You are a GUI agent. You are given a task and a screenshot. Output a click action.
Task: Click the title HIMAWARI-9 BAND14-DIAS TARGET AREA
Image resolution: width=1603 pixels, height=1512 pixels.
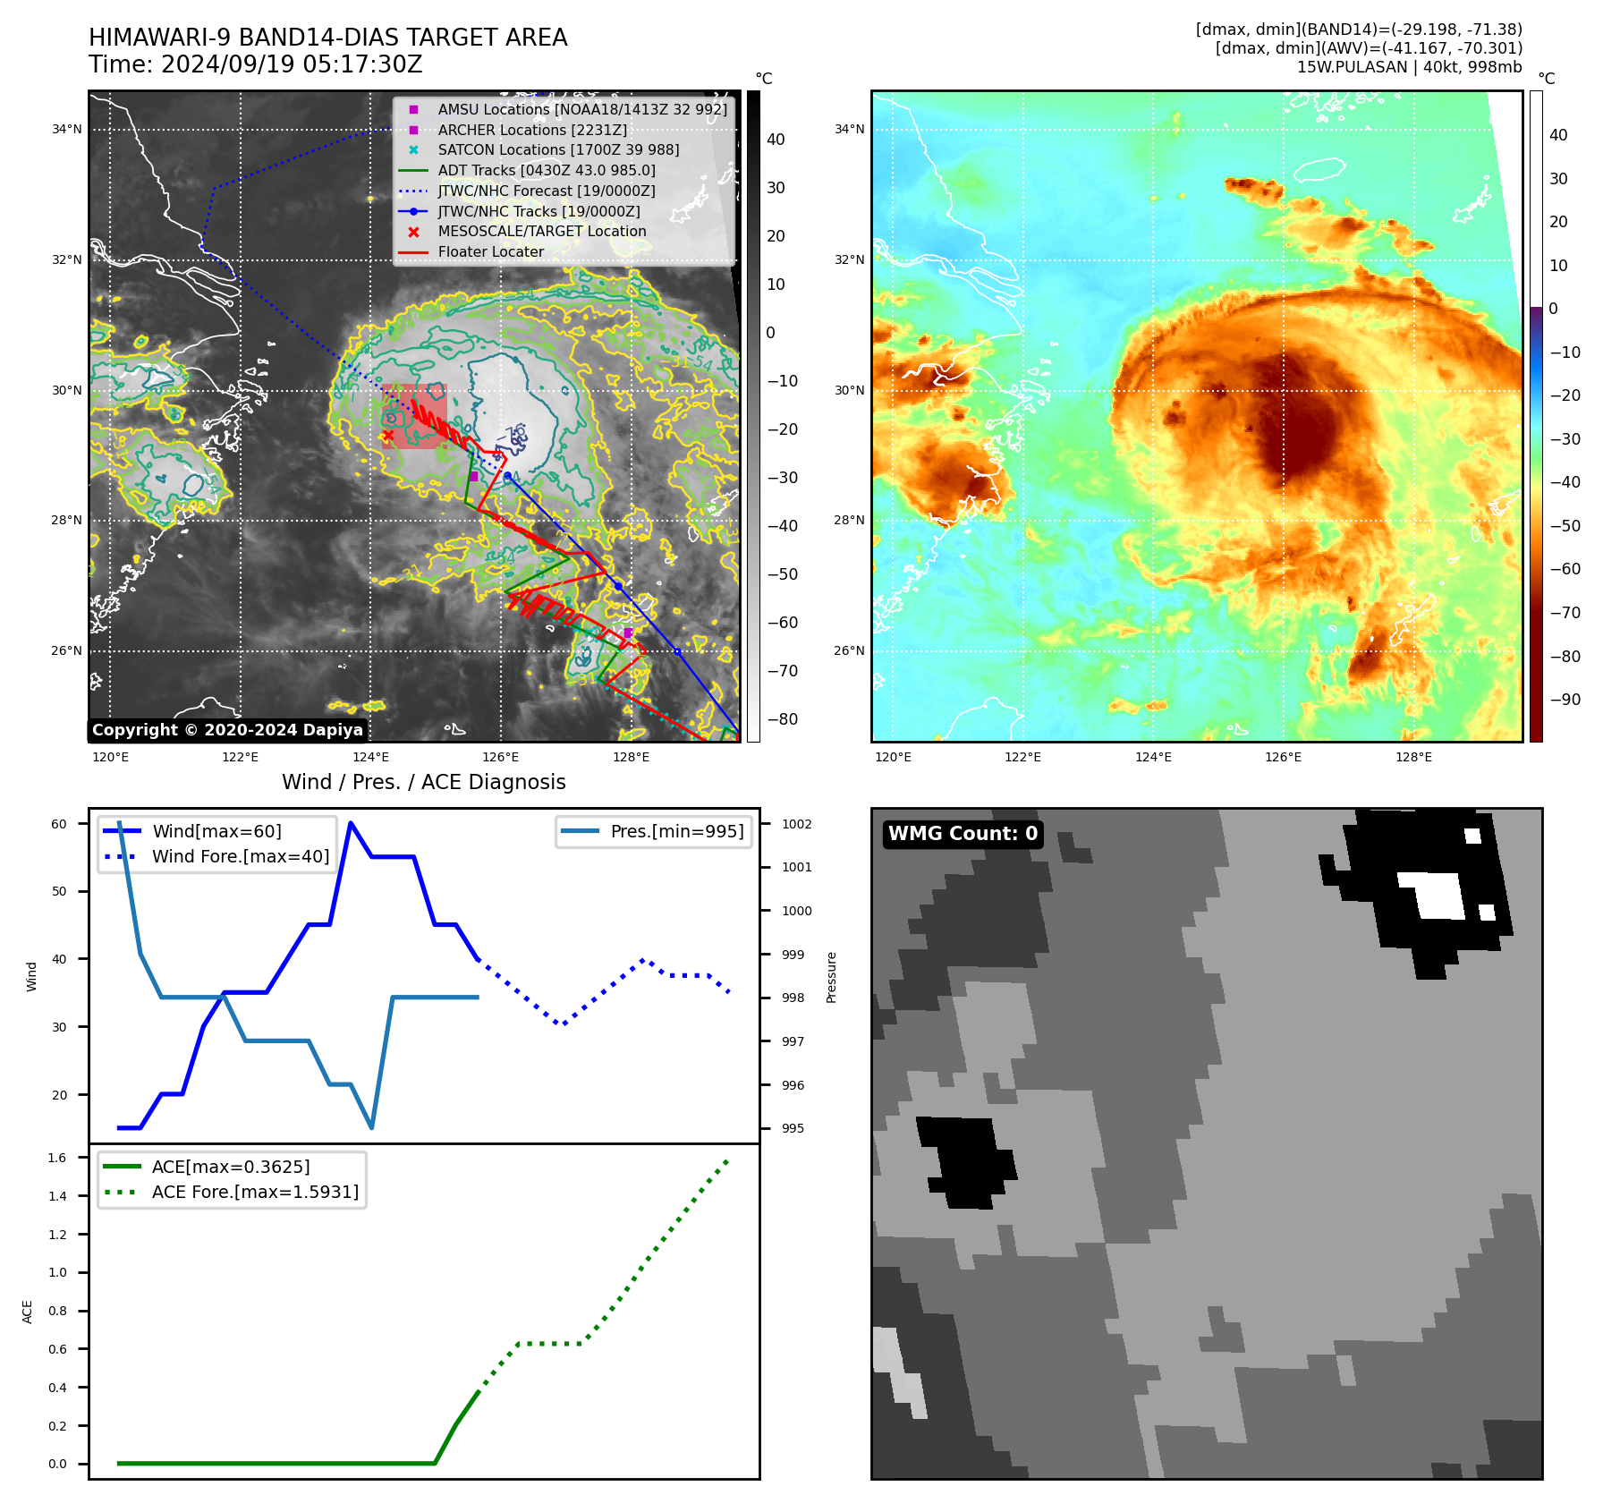[327, 38]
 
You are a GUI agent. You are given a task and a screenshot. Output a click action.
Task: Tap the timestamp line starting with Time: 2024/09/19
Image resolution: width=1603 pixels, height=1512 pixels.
[255, 64]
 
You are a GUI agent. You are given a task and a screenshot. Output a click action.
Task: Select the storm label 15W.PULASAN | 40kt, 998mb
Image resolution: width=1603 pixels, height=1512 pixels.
[1409, 67]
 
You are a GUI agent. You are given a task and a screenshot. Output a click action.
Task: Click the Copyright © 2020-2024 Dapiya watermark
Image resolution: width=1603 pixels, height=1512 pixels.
[227, 730]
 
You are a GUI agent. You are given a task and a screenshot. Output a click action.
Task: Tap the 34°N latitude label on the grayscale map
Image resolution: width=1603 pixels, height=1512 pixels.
[66, 130]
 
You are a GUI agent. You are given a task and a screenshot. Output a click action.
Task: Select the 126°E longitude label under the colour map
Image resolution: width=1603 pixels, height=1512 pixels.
[1283, 757]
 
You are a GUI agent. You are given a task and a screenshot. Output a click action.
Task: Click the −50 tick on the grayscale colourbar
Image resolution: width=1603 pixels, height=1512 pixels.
[782, 574]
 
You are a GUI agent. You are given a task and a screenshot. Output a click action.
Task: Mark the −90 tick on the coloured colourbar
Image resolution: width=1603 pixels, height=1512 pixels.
[1565, 700]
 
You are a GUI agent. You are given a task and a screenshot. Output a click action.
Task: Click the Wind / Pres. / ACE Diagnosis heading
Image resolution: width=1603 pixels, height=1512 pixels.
[423, 782]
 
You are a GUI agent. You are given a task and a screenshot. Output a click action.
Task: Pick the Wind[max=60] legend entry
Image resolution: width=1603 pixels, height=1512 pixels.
[216, 831]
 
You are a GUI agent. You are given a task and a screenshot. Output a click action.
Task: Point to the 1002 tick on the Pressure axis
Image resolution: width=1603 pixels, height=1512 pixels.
[796, 824]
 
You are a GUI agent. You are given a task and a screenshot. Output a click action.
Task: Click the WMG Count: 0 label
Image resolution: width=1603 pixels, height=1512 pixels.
[963, 834]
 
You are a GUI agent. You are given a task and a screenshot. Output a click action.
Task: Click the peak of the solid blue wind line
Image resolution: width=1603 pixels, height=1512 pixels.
[351, 822]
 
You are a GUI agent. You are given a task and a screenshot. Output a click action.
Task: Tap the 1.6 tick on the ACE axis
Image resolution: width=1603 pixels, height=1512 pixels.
[57, 1158]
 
